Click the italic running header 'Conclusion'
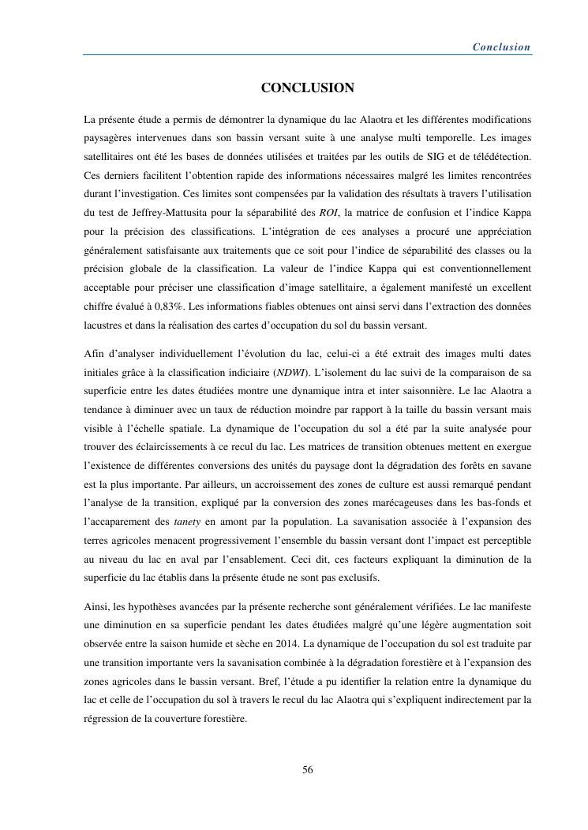coord(501,47)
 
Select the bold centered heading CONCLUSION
coord(307,88)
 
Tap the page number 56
coord(308,770)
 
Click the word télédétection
coord(503,156)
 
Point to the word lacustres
coord(105,325)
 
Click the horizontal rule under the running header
coord(307,55)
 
